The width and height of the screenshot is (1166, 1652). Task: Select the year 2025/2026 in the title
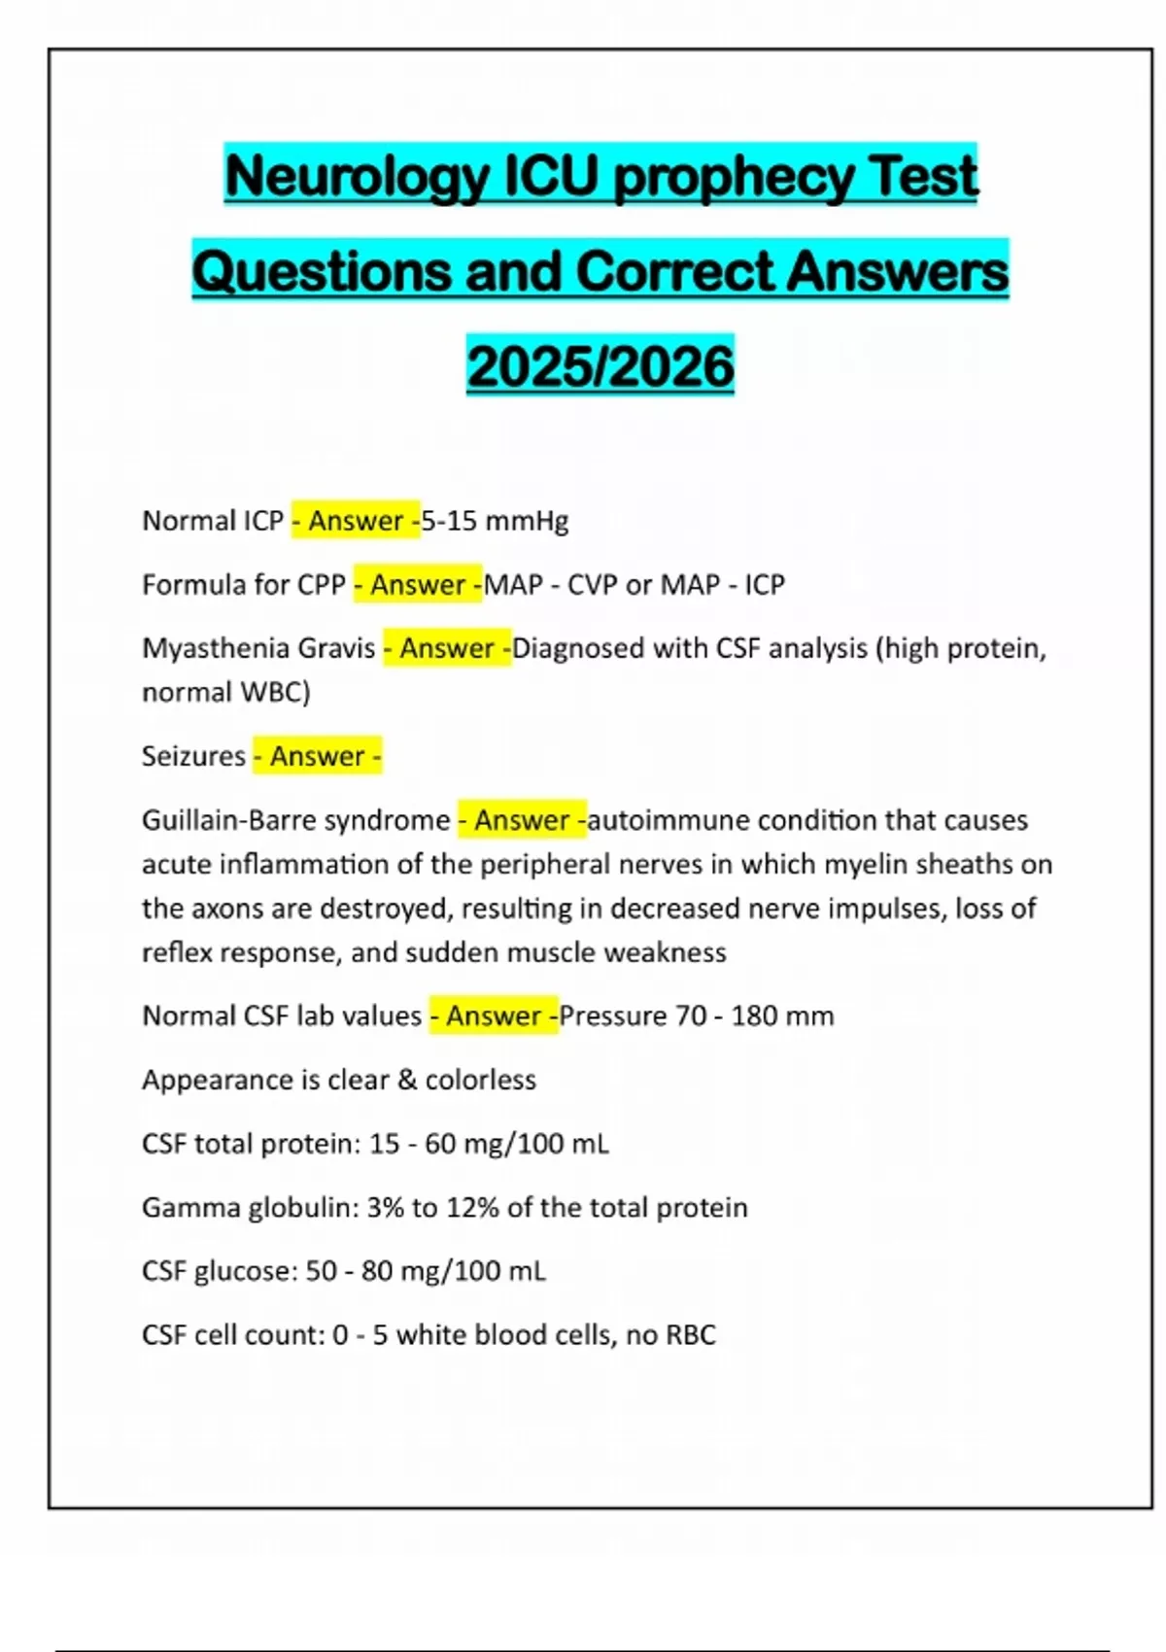tap(600, 366)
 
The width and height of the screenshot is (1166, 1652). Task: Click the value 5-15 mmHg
tap(496, 521)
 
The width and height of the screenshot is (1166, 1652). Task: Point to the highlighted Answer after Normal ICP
tap(356, 521)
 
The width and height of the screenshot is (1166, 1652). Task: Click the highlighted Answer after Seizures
tap(317, 756)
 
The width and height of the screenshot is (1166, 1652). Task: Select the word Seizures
tap(193, 756)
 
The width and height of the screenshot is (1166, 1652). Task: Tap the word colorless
tap(481, 1080)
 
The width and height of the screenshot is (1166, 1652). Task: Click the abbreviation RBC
tap(690, 1334)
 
